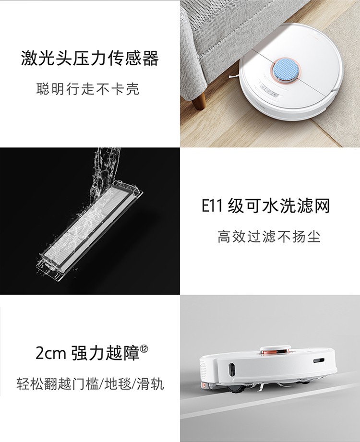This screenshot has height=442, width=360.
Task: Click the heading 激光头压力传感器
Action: point(90,59)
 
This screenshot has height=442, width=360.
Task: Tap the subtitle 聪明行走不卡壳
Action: point(88,89)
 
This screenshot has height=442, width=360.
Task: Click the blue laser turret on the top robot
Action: point(285,69)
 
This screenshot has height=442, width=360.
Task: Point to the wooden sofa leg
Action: point(199,100)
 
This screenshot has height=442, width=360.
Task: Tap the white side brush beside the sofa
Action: point(233,75)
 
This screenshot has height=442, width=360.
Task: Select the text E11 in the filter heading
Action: point(213,206)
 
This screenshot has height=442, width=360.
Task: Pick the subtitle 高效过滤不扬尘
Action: point(269,236)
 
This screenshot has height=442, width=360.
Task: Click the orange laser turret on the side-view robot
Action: point(274,351)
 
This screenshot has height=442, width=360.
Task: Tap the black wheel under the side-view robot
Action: point(236,390)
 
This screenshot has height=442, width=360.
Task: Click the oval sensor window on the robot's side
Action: point(231,369)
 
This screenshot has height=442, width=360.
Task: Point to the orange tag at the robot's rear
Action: point(203,386)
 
